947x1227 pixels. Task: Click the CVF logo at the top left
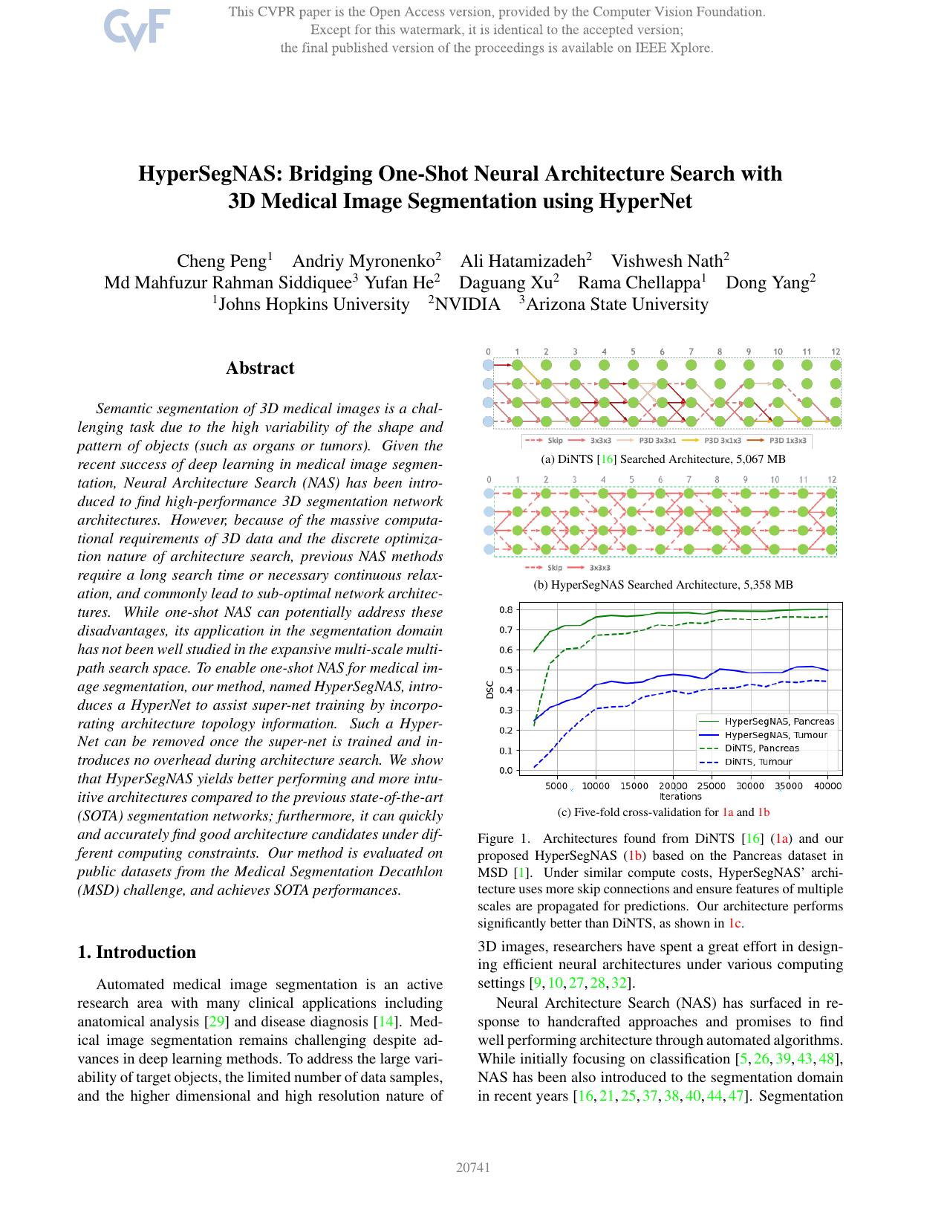pos(137,29)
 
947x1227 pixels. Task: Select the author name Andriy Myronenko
pos(363,261)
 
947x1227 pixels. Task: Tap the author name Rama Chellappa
pos(639,282)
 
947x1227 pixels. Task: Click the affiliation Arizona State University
pos(616,304)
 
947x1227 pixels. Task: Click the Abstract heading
pos(260,368)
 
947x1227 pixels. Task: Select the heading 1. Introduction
pos(137,952)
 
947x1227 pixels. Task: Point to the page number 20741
pos(473,1167)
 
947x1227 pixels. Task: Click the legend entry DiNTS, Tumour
pos(758,761)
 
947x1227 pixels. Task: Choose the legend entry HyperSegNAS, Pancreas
pos(778,721)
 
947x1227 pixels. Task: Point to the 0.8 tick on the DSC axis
pos(506,609)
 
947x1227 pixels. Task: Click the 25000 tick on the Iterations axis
pos(712,786)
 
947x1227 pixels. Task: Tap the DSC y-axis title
pos(489,690)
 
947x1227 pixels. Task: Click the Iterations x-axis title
pos(680,796)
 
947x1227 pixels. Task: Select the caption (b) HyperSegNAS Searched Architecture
pos(663,585)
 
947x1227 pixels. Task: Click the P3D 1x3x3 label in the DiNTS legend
pos(787,441)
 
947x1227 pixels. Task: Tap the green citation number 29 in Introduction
pos(216,1022)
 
